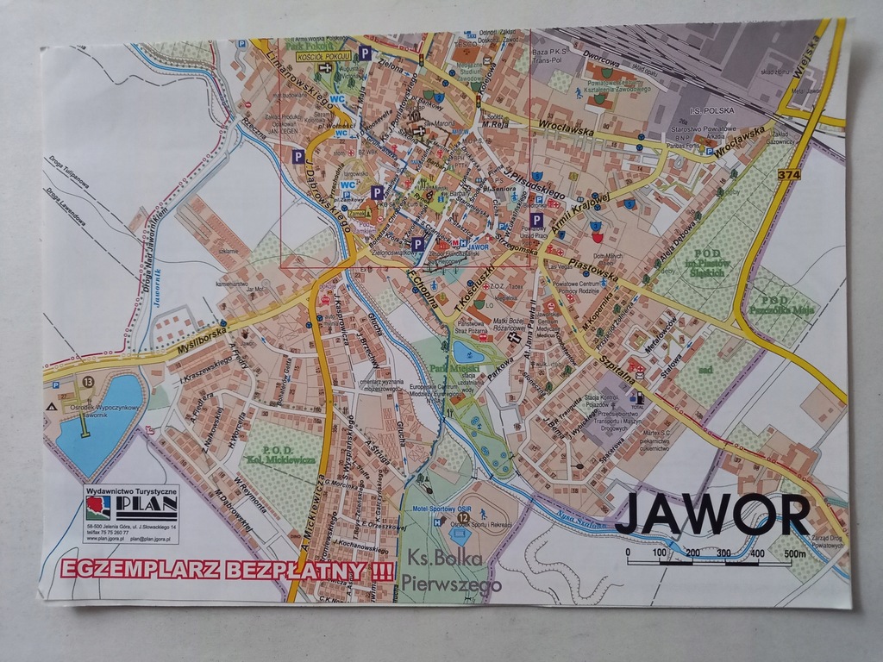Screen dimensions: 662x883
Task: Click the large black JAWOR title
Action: (x=712, y=515)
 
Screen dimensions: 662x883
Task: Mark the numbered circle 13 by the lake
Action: (x=88, y=381)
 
